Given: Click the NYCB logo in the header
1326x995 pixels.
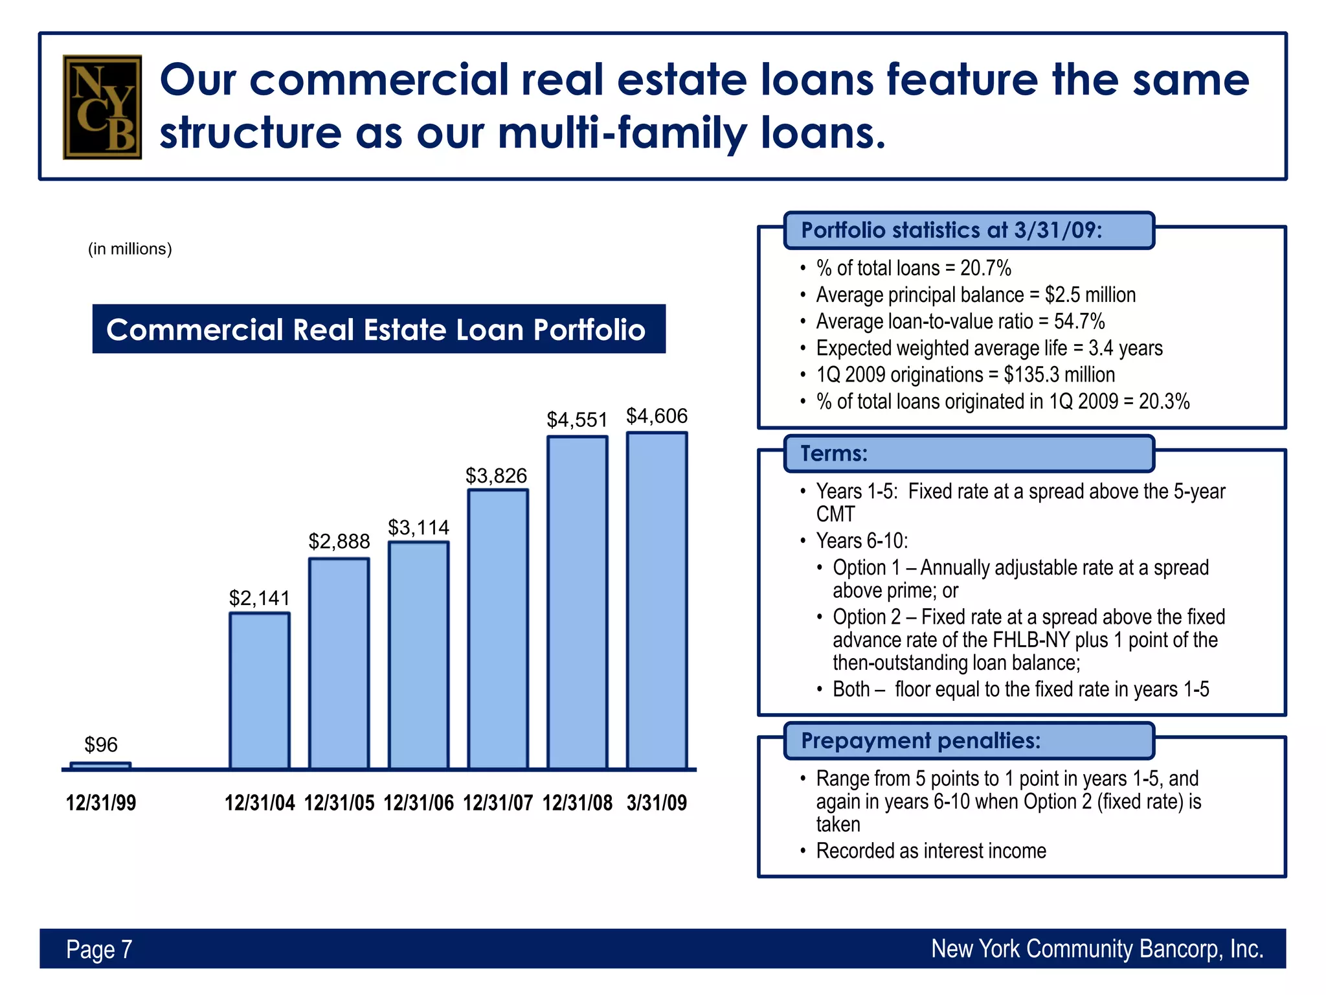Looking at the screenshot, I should point(102,107).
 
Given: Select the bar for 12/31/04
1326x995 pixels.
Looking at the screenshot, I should point(260,691).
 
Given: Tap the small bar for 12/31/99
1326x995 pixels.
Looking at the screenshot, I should point(100,766).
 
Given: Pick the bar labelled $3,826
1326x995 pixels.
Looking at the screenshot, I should point(498,628).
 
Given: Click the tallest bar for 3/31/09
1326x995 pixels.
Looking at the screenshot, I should point(657,600).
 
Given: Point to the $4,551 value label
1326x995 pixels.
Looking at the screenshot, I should point(577,420).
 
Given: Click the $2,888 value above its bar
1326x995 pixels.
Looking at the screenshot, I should point(339,541).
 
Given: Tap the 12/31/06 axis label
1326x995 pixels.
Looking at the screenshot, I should point(418,803).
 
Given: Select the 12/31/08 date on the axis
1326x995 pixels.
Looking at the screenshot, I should point(577,803).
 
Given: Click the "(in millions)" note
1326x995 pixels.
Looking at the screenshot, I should point(130,249).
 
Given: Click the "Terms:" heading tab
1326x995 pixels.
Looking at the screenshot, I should point(834,453).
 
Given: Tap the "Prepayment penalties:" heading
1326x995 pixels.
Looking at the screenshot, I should point(921,740).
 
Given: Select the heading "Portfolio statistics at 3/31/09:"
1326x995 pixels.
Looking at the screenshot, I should point(951,231).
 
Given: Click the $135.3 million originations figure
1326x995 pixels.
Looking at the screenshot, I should point(1059,374).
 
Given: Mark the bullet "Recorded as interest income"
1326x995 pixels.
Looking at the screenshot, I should point(930,851).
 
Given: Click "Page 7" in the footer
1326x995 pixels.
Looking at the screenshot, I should point(99,949).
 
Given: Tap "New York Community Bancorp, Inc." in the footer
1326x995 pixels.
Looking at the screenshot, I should point(1097,949).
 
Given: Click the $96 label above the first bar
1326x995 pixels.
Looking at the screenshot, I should point(101,745).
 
